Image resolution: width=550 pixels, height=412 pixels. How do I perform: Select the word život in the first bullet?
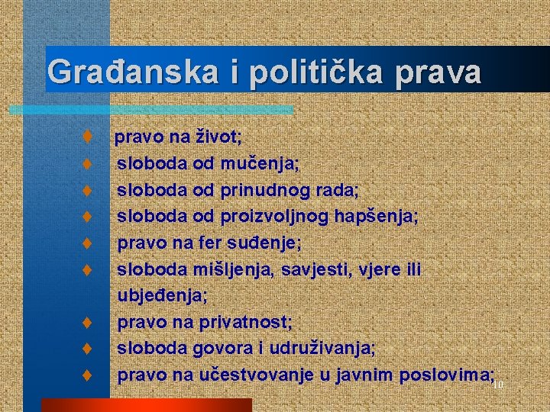click(x=218, y=137)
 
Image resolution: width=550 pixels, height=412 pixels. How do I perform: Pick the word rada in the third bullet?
click(x=340, y=190)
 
